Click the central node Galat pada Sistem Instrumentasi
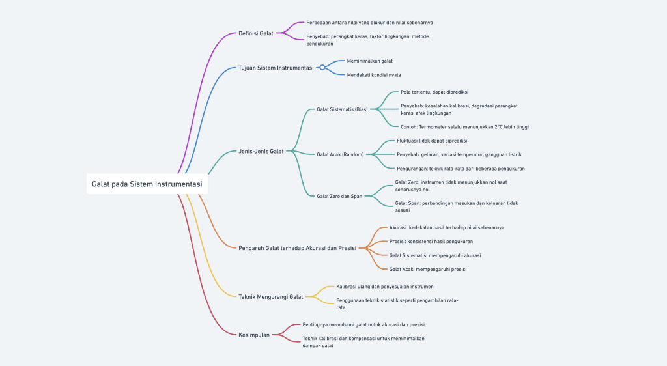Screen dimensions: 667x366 point(147,184)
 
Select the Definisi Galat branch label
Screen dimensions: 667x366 point(255,33)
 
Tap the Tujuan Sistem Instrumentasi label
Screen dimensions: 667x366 point(276,68)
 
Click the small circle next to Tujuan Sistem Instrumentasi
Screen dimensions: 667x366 point(322,68)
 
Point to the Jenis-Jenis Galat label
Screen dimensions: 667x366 point(261,151)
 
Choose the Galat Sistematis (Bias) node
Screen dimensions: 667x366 point(342,109)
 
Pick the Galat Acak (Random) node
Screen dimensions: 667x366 point(340,154)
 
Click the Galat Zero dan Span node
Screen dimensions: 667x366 point(339,196)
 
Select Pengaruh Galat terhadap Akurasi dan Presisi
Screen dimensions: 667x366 point(297,248)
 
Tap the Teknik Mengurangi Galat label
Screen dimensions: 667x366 point(270,297)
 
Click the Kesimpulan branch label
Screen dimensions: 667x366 point(254,335)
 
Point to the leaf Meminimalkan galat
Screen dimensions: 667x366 point(370,61)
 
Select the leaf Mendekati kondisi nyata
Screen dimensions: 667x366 point(373,75)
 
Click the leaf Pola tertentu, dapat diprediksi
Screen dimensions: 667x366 point(434,92)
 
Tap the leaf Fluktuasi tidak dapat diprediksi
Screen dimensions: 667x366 point(432,141)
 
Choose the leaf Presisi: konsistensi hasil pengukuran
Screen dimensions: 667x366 point(431,242)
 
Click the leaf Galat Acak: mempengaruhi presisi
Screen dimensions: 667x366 point(427,269)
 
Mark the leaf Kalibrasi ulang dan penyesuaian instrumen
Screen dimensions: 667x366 point(384,287)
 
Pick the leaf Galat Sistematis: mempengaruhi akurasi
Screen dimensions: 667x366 point(434,255)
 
